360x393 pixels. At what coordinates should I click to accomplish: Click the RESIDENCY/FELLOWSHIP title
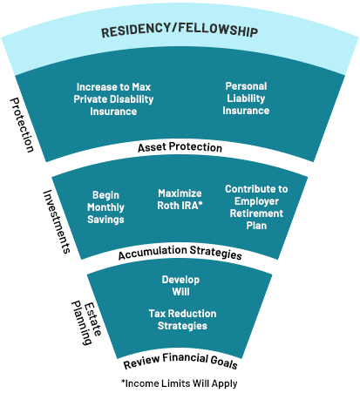click(x=179, y=32)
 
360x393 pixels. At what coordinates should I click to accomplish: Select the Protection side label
click(x=23, y=124)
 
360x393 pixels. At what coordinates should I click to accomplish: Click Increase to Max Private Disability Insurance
click(x=113, y=99)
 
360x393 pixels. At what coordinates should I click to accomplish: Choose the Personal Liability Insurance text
click(x=246, y=98)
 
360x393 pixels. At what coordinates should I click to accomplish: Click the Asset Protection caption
click(x=180, y=147)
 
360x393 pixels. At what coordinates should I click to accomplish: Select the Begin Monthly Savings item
click(x=105, y=207)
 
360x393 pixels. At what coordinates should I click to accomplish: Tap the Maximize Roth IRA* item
click(x=180, y=199)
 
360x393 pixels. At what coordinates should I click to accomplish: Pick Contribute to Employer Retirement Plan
click(x=255, y=207)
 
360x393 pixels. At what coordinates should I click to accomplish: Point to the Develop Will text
click(x=180, y=286)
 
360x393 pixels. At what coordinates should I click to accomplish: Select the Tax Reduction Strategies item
click(x=180, y=319)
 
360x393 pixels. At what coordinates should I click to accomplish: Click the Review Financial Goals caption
click(x=180, y=363)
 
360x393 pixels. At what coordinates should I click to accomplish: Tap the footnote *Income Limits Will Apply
click(x=179, y=383)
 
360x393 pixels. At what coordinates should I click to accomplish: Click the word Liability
click(x=246, y=98)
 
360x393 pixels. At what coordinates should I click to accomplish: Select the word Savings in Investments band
click(x=105, y=219)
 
